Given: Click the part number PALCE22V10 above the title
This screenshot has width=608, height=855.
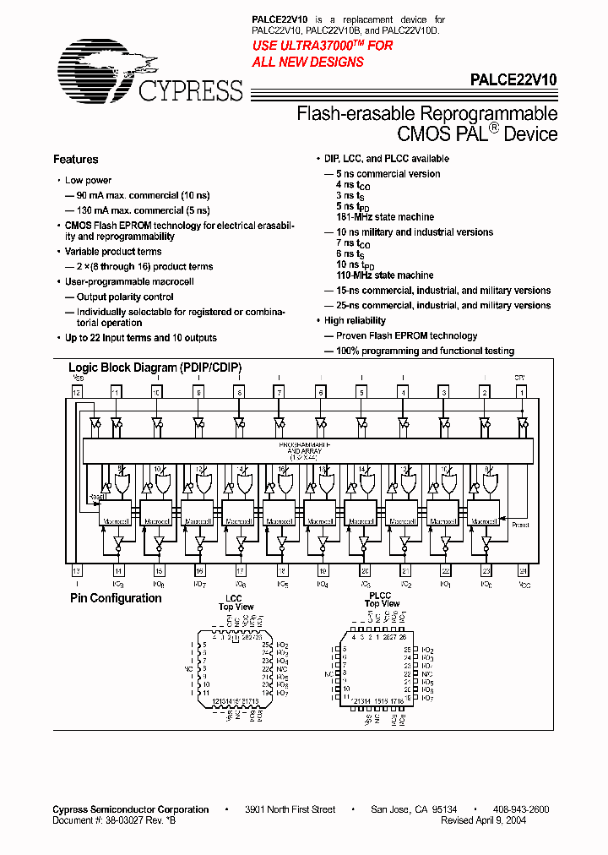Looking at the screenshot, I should [513, 78].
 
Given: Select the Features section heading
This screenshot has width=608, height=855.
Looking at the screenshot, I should [76, 160].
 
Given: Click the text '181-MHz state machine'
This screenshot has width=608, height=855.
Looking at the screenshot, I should [385, 217].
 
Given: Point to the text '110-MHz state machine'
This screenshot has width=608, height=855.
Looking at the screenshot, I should [385, 275].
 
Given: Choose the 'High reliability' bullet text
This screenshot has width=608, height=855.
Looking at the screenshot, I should [355, 321].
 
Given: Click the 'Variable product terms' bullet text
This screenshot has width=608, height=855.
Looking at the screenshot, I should [113, 252].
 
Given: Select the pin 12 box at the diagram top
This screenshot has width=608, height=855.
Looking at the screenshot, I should [76, 393].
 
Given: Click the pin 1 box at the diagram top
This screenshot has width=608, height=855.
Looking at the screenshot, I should [522, 393].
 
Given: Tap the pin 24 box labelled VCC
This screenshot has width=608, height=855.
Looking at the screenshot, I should [524, 571].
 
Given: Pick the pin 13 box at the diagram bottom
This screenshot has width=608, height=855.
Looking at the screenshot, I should [76, 571].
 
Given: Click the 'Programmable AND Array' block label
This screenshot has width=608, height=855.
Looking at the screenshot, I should [305, 450].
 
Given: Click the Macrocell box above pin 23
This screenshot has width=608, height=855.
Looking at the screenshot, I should [484, 512].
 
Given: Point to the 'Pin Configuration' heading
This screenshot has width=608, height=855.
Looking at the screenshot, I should [116, 598].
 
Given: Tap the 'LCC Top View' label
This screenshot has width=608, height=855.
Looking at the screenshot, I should [236, 602].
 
